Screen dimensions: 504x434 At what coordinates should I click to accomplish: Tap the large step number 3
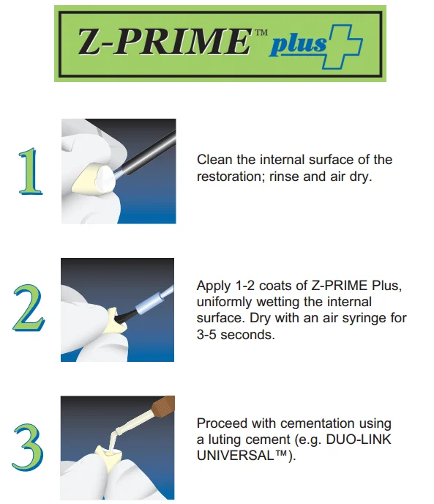pyautogui.click(x=28, y=448)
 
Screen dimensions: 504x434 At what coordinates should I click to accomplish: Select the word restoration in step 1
pyautogui.click(x=228, y=177)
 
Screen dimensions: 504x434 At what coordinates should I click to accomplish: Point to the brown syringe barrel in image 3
pyautogui.click(x=162, y=407)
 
